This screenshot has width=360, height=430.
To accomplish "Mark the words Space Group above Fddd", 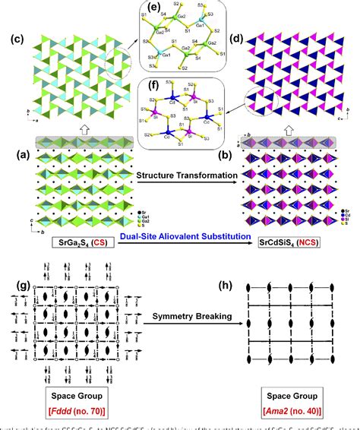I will coord(68,395).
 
